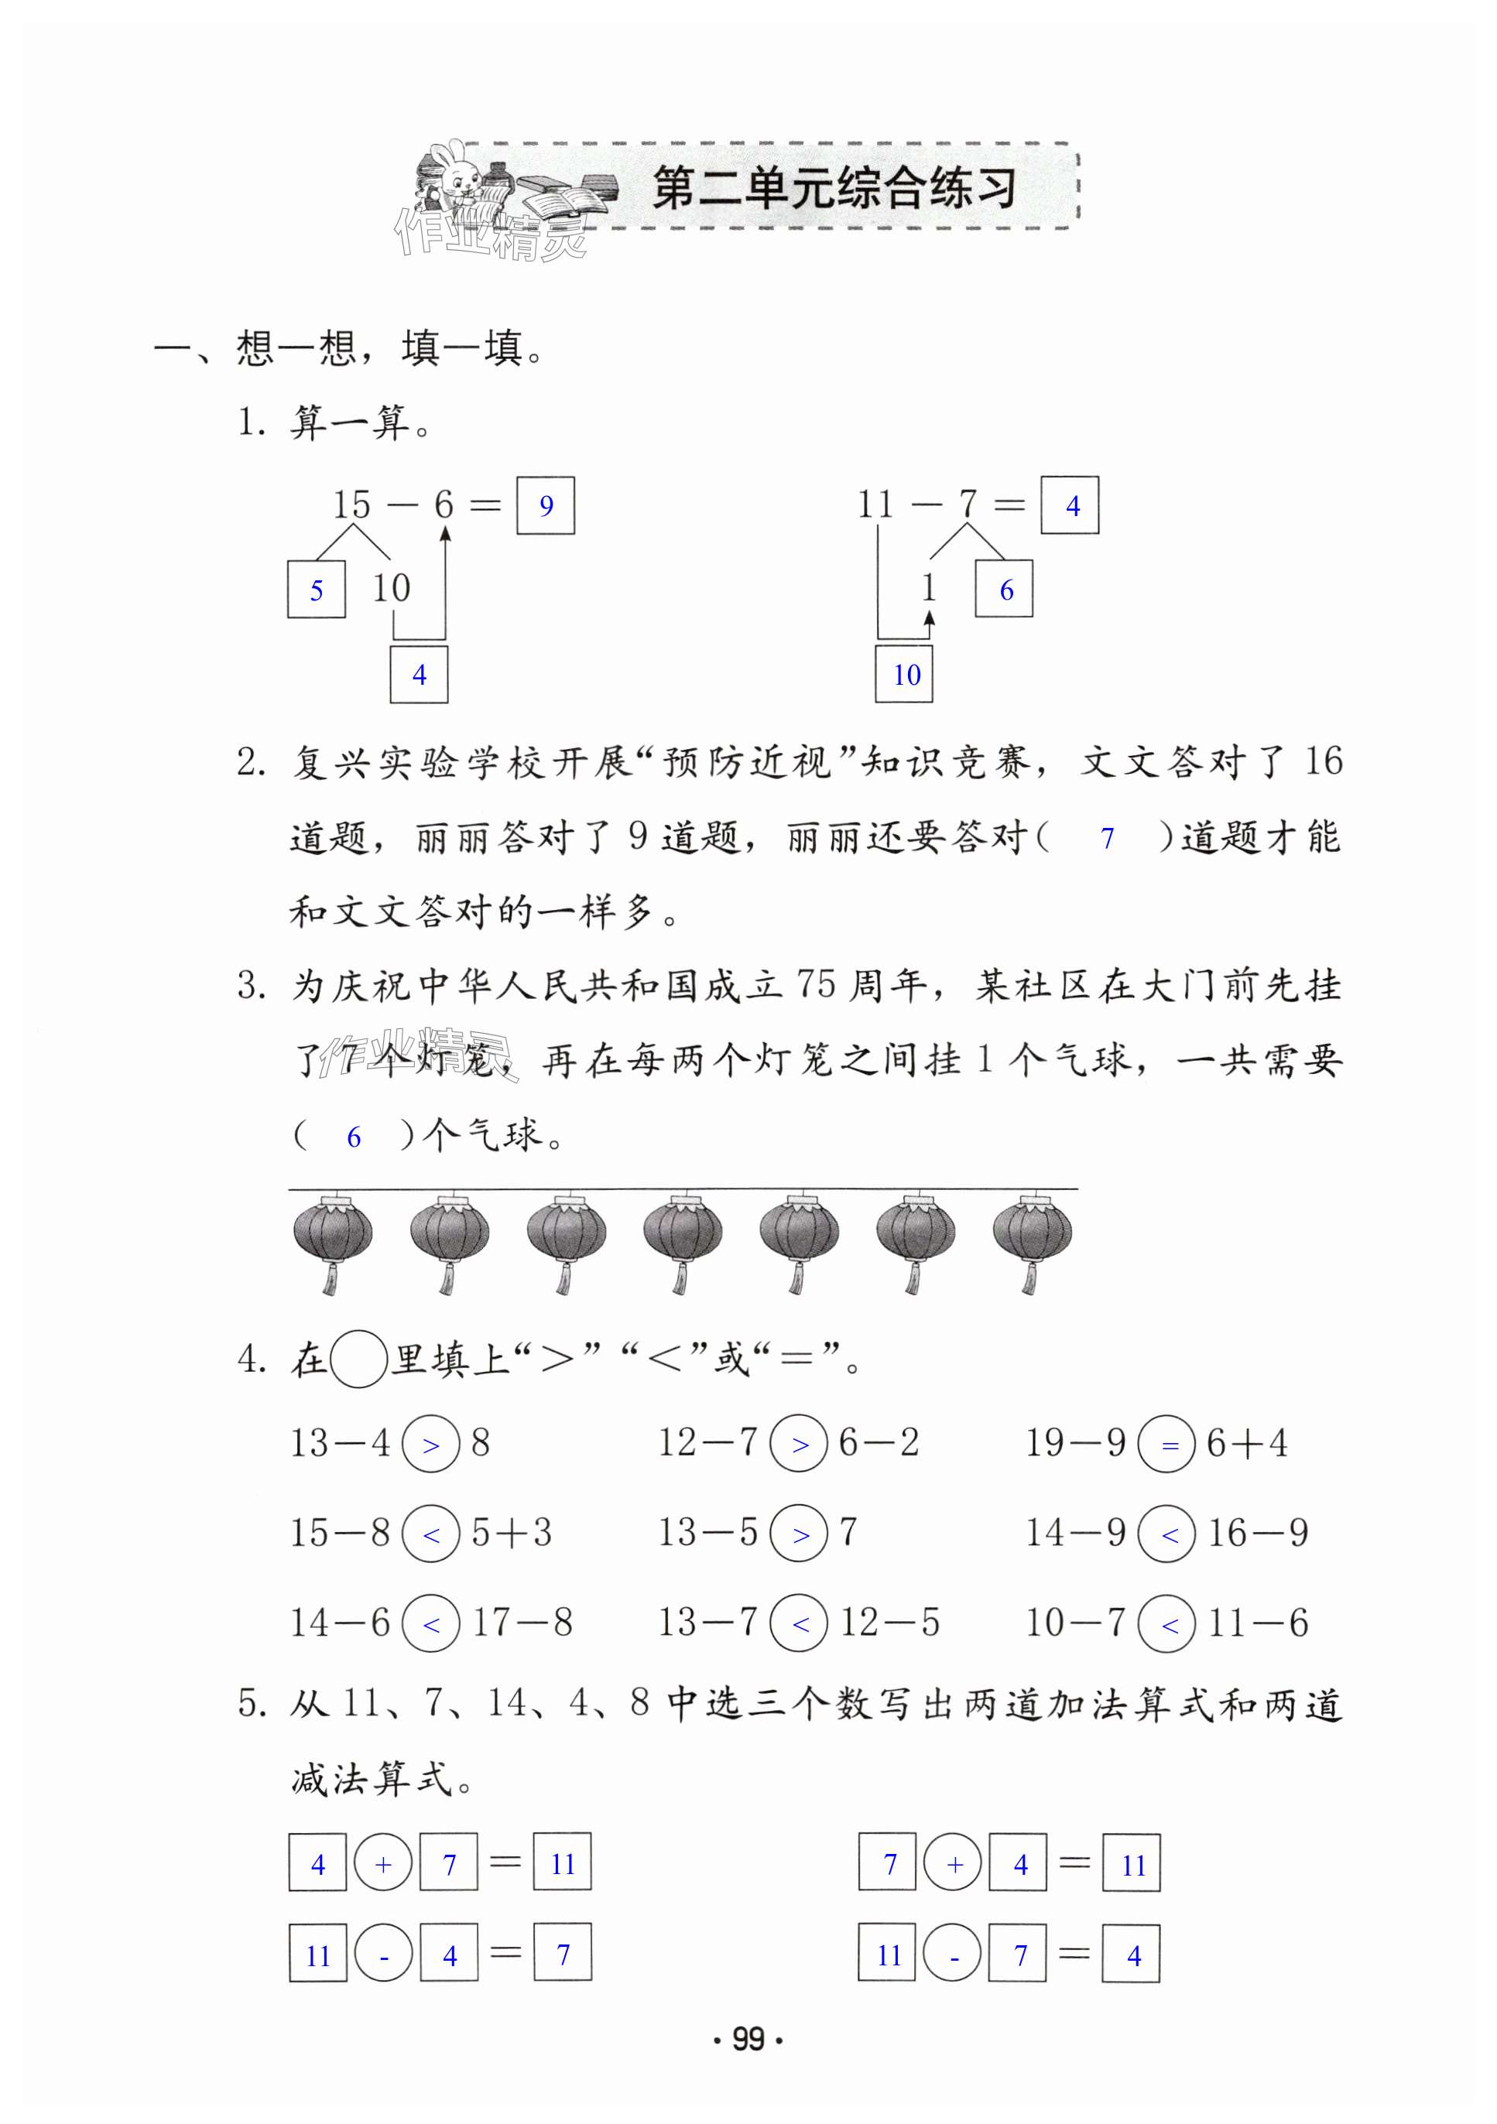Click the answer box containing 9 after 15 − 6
(x=545, y=505)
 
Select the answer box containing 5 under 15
(x=317, y=590)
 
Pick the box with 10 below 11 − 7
(x=905, y=675)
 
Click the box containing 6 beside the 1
(x=1005, y=590)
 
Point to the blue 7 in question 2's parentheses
(x=1107, y=838)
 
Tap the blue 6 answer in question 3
(x=354, y=1137)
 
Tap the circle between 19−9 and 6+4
(x=1167, y=1444)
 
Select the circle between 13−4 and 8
(x=431, y=1444)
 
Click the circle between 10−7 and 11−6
(x=1167, y=1623)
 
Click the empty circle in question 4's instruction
(x=358, y=1358)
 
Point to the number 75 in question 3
(x=816, y=984)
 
